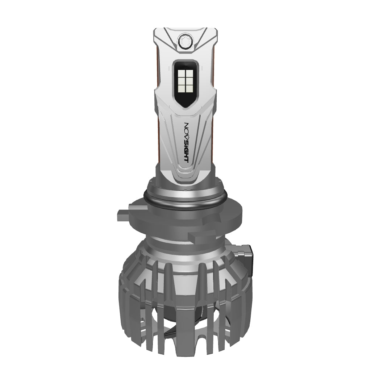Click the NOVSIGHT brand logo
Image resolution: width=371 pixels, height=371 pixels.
coord(187,142)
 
